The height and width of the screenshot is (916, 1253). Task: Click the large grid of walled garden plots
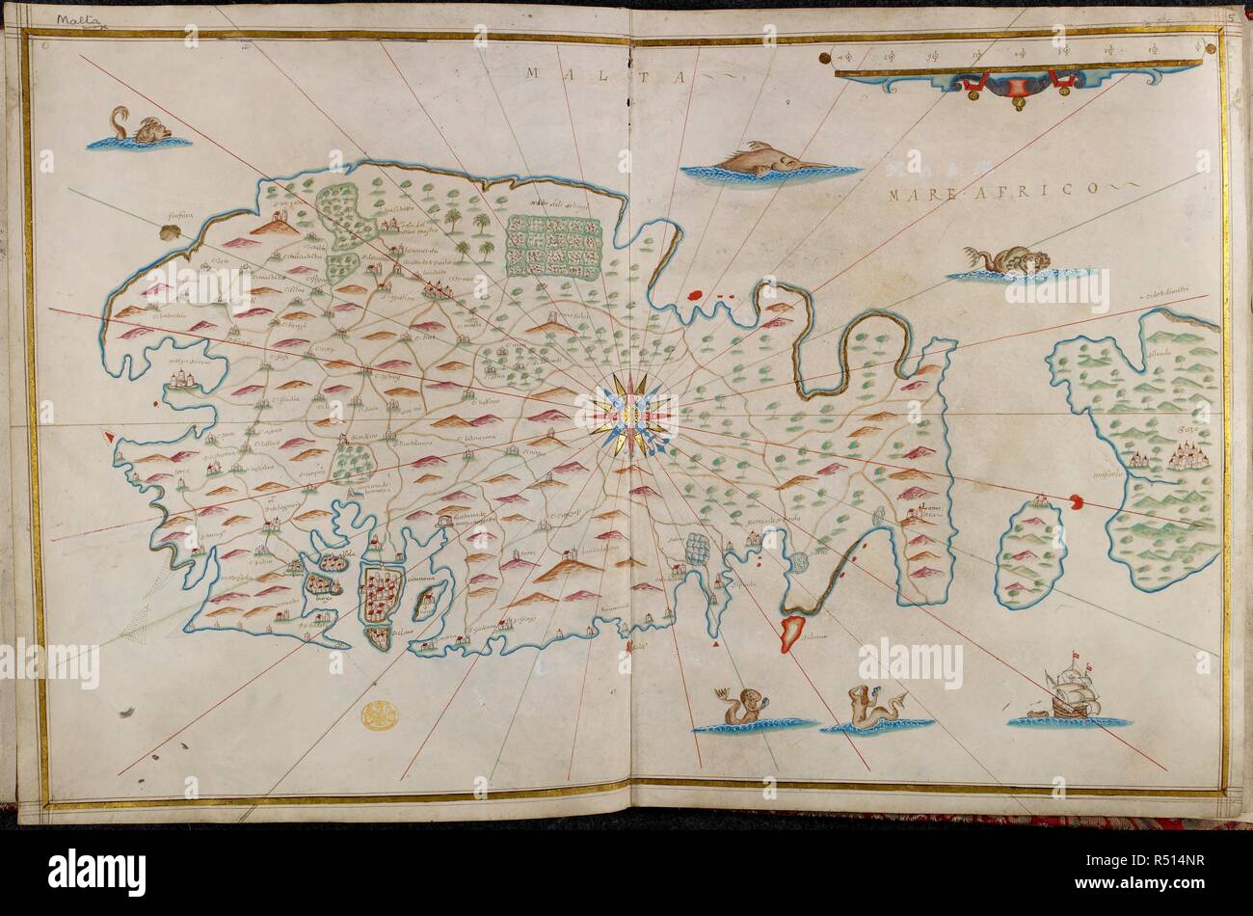(553, 245)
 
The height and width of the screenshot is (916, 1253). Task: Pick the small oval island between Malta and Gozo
(1029, 553)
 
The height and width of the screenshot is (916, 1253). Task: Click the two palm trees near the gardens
(472, 235)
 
